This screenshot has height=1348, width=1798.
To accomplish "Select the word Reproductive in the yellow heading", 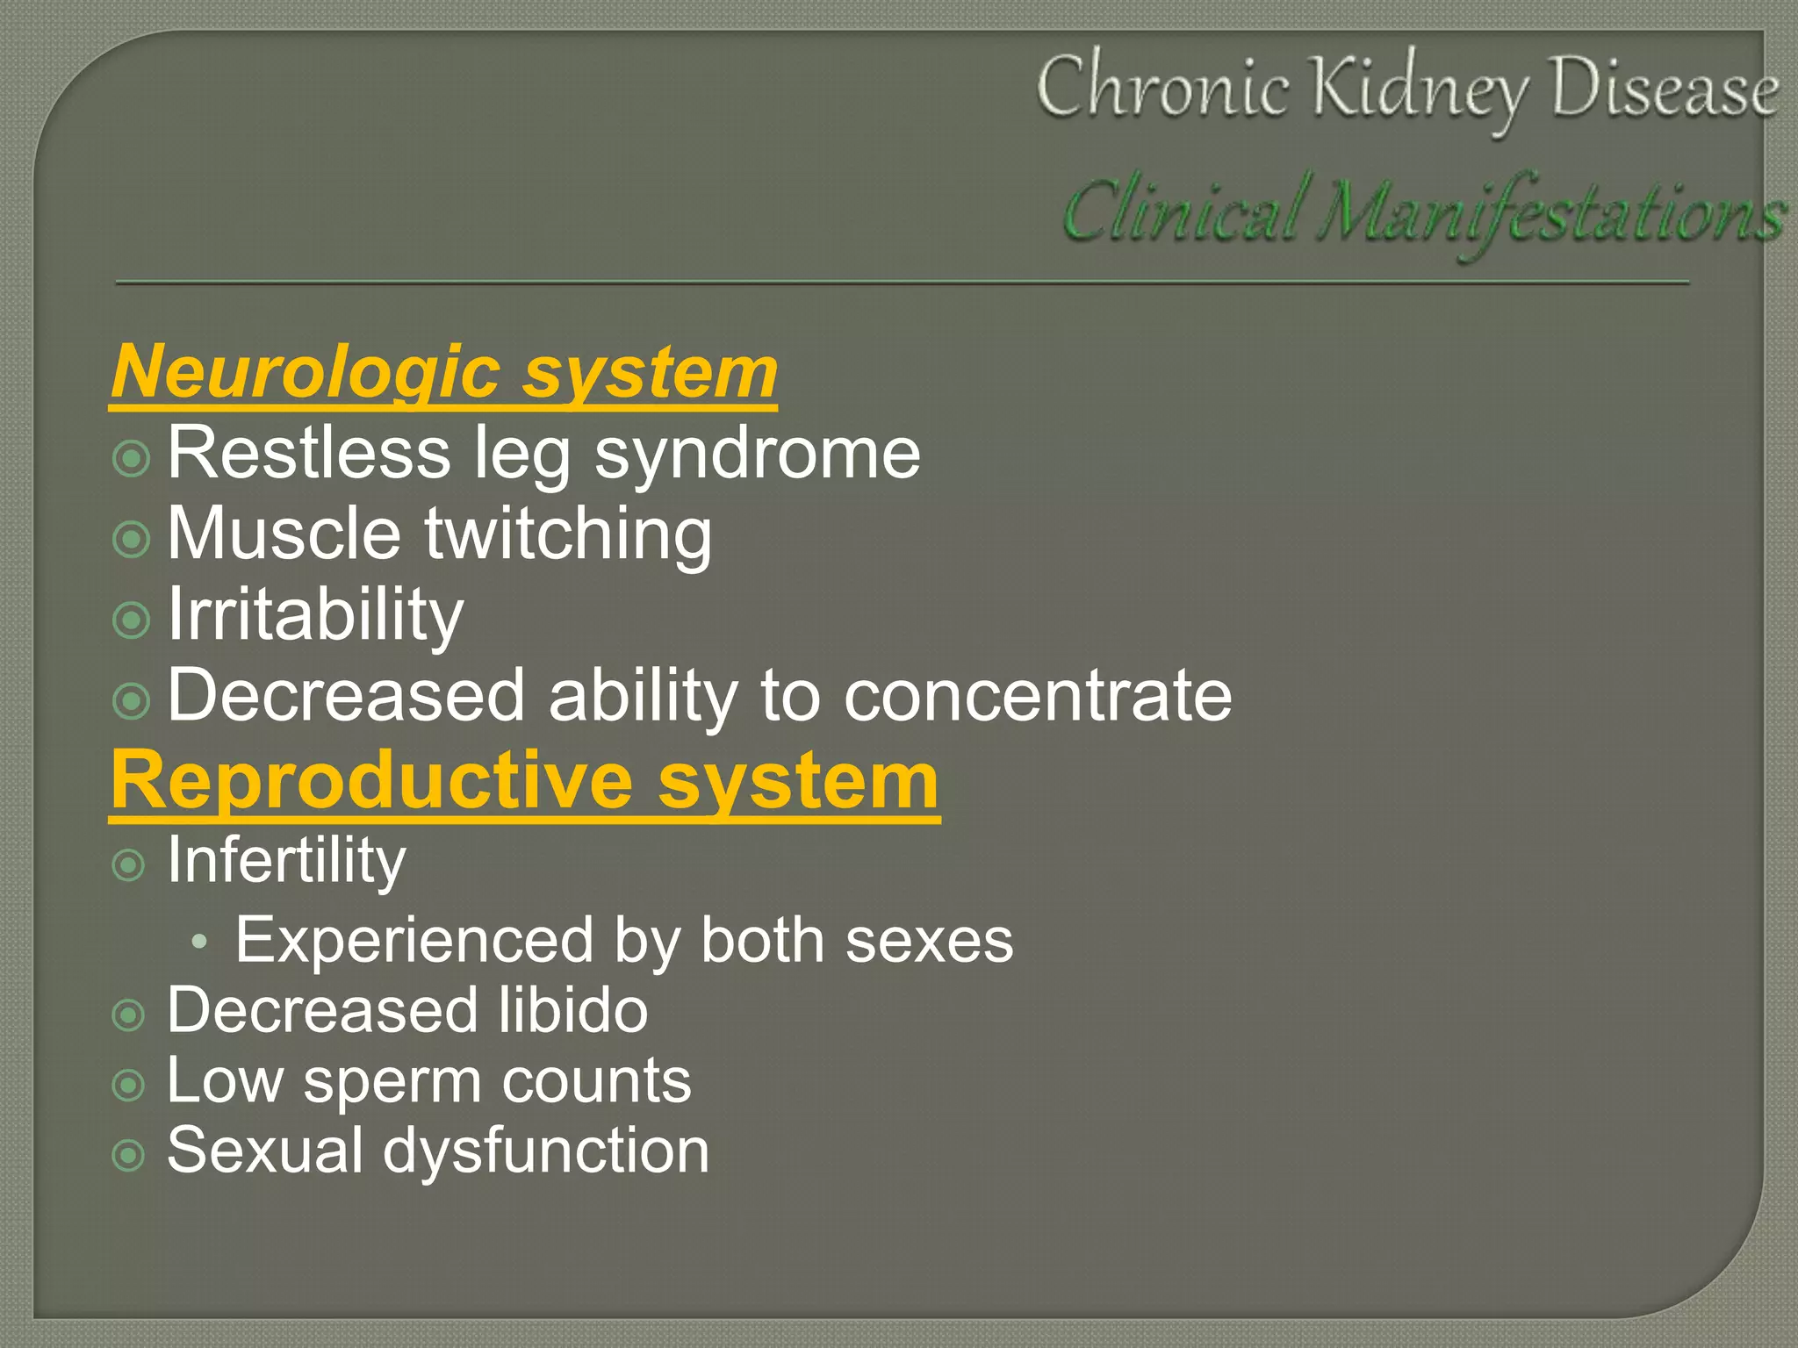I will [x=372, y=781].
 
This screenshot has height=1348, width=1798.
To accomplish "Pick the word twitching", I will [x=568, y=534].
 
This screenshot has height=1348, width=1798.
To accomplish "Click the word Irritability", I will [x=315, y=614].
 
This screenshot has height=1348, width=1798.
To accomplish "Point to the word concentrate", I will [x=1038, y=695].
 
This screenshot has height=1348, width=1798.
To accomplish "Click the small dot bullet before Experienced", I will [x=199, y=942].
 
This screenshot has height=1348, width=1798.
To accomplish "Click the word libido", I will [x=573, y=1010].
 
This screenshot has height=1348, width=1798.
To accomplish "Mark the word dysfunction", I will [x=546, y=1151].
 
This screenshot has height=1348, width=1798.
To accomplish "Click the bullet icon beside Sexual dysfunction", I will [x=129, y=1156].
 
